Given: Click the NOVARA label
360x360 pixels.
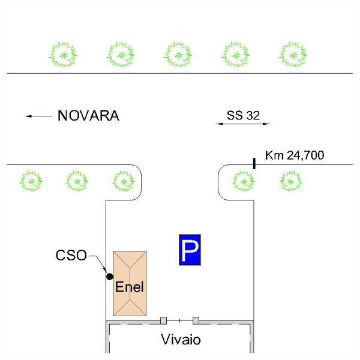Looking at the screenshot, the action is pyautogui.click(x=88, y=115).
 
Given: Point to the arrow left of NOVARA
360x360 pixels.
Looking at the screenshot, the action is pyautogui.click(x=38, y=116).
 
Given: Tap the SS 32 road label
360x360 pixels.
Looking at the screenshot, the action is pyautogui.click(x=243, y=115).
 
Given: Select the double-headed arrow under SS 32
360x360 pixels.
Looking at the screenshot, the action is pyautogui.click(x=242, y=124).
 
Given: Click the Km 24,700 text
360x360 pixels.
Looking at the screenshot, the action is pyautogui.click(x=295, y=155).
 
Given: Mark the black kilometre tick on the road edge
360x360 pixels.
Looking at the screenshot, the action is pyautogui.click(x=254, y=163).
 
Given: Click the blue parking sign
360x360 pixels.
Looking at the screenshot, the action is pyautogui.click(x=190, y=250).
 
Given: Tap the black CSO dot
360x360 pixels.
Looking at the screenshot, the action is pyautogui.click(x=110, y=277).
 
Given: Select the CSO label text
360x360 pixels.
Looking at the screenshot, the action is pyautogui.click(x=71, y=256).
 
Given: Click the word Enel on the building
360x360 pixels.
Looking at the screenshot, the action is pyautogui.click(x=130, y=287).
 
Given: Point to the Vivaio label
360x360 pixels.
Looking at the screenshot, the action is pyautogui.click(x=181, y=340).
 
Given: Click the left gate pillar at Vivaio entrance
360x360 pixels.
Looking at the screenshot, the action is pyautogui.click(x=163, y=320).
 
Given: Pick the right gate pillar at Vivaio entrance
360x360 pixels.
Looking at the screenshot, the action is pyautogui.click(x=196, y=320).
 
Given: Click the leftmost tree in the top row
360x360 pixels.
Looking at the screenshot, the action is pyautogui.click(x=63, y=55).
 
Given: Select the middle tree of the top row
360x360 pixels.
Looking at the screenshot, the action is pyautogui.click(x=178, y=55).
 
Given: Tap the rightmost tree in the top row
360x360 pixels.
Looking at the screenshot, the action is pyautogui.click(x=293, y=55).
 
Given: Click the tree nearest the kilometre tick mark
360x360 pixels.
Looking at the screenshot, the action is pyautogui.click(x=244, y=181).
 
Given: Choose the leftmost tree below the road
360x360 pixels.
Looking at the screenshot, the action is pyautogui.click(x=31, y=181).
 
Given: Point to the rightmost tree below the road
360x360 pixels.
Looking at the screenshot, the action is pyautogui.click(x=291, y=181).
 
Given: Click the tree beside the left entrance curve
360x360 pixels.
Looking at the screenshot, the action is pyautogui.click(x=124, y=181).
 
